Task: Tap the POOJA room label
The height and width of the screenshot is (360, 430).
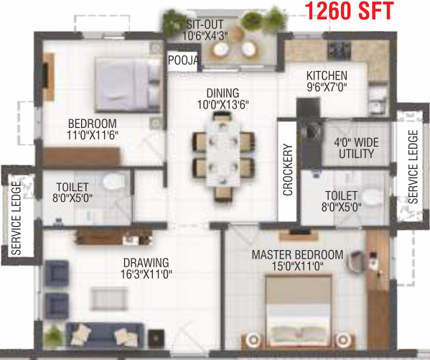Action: [183, 61]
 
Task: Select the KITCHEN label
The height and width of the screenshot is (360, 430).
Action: [327, 75]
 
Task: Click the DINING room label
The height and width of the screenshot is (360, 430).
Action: [223, 93]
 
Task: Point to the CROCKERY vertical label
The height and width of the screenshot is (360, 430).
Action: [289, 170]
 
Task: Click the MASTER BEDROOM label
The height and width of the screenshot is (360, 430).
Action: [297, 255]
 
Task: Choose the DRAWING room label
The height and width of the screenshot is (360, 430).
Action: [146, 262]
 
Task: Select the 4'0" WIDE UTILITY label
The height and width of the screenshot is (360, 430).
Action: [354, 148]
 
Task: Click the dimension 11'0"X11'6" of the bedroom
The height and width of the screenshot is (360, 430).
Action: [92, 134]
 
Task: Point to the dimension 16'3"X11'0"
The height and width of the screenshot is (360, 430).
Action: [146, 274]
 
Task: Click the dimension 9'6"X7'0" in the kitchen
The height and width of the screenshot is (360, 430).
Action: [327, 88]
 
